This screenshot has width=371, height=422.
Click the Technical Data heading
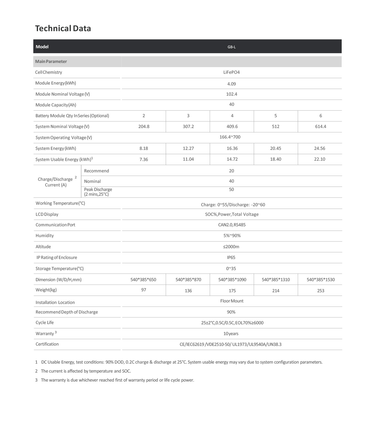pyautogui.click(x=63, y=28)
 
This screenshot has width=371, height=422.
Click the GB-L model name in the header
pyautogui.click(x=232, y=47)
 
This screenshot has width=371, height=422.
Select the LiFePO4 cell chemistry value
pyautogui.click(x=232, y=72)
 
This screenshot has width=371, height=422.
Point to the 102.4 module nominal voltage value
pyautogui.click(x=232, y=94)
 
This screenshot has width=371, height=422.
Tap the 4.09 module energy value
pyautogui.click(x=232, y=84)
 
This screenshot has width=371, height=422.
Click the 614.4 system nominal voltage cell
pyautogui.click(x=320, y=126)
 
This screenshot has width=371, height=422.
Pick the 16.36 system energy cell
pyautogui.click(x=232, y=148)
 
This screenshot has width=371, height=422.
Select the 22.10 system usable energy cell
pyautogui.click(x=320, y=159)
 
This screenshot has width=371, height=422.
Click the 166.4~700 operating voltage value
pyautogui.click(x=230, y=137)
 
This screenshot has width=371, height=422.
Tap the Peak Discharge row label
pyautogui.click(x=98, y=192)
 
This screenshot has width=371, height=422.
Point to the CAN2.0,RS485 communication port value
pyautogui.click(x=232, y=225)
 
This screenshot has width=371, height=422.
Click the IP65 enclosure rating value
pyautogui.click(x=231, y=257)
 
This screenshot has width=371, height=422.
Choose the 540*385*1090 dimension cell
pyautogui.click(x=232, y=280)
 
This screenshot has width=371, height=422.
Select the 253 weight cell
pyautogui.click(x=320, y=291)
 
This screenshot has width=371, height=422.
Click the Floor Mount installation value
pyautogui.click(x=232, y=301)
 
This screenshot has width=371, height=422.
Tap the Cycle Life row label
pyautogui.click(x=45, y=322)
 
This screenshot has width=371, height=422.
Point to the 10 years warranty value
pyautogui.click(x=231, y=334)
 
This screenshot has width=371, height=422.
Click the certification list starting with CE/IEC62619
pyautogui.click(x=230, y=344)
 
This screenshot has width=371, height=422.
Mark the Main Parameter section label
pyautogui.click(x=51, y=61)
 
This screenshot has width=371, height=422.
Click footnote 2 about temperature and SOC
pyautogui.click(x=86, y=371)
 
